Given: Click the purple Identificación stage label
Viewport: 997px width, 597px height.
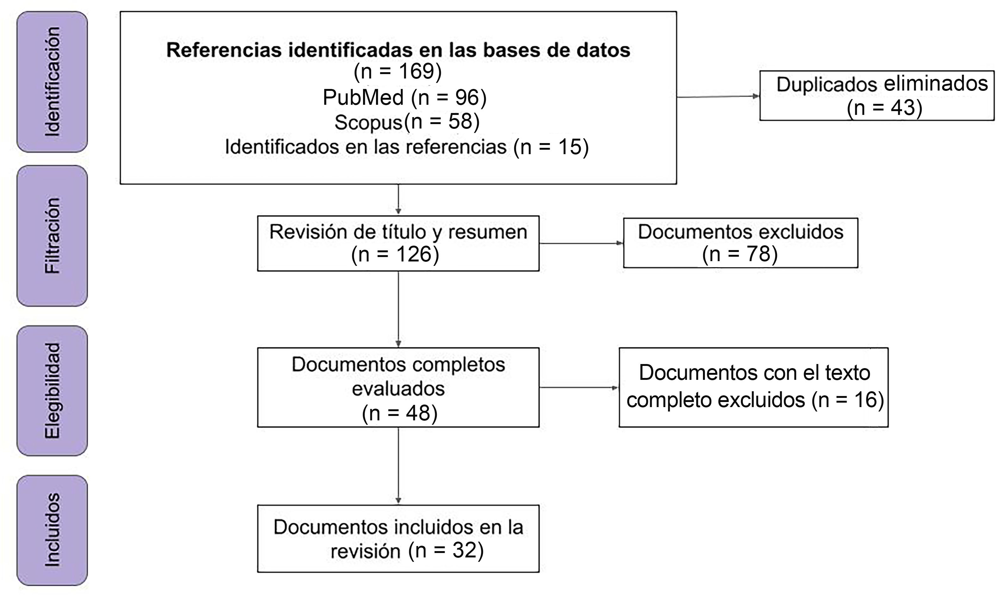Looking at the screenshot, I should point(52,82).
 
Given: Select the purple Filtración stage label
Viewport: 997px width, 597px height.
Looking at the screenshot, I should point(52,236).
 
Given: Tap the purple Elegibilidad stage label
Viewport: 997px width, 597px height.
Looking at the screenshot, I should point(52,391).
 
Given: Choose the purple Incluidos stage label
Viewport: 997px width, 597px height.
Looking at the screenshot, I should point(52,530).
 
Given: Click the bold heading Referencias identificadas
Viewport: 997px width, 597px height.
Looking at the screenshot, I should point(398,50).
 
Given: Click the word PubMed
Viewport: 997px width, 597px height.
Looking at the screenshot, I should point(363,97).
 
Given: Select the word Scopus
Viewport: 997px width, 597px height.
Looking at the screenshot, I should point(368,122).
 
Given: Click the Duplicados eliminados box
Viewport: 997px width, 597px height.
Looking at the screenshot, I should point(876,96).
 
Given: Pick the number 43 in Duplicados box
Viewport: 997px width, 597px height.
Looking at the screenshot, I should point(903,108).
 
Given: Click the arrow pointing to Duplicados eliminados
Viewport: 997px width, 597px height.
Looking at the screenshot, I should point(718,97).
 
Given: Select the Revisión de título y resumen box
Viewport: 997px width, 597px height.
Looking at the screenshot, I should point(398,243).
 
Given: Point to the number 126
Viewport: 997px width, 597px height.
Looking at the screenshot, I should point(413,254).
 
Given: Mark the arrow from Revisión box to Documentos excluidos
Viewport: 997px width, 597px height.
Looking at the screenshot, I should point(581,243).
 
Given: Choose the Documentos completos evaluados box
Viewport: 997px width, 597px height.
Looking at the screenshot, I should point(398,387).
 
